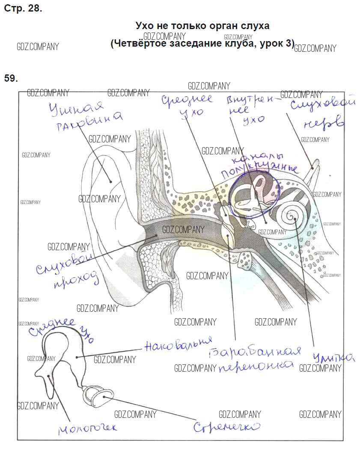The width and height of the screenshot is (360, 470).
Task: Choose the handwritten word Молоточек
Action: [87, 427]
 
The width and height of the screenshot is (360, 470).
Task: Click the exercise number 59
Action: [11, 78]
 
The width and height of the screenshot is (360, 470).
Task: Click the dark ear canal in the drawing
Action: [180, 233]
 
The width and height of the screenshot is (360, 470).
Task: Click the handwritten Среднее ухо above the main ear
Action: [187, 105]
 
